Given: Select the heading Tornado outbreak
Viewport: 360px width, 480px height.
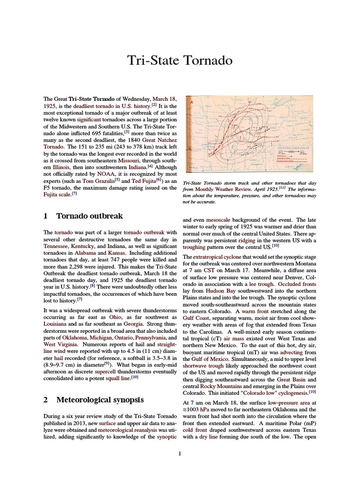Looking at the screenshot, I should click(x=89, y=216).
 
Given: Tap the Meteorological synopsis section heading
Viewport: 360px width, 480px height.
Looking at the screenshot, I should click(x=100, y=400).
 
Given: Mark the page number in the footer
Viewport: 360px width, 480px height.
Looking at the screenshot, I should click(x=180, y=454).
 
